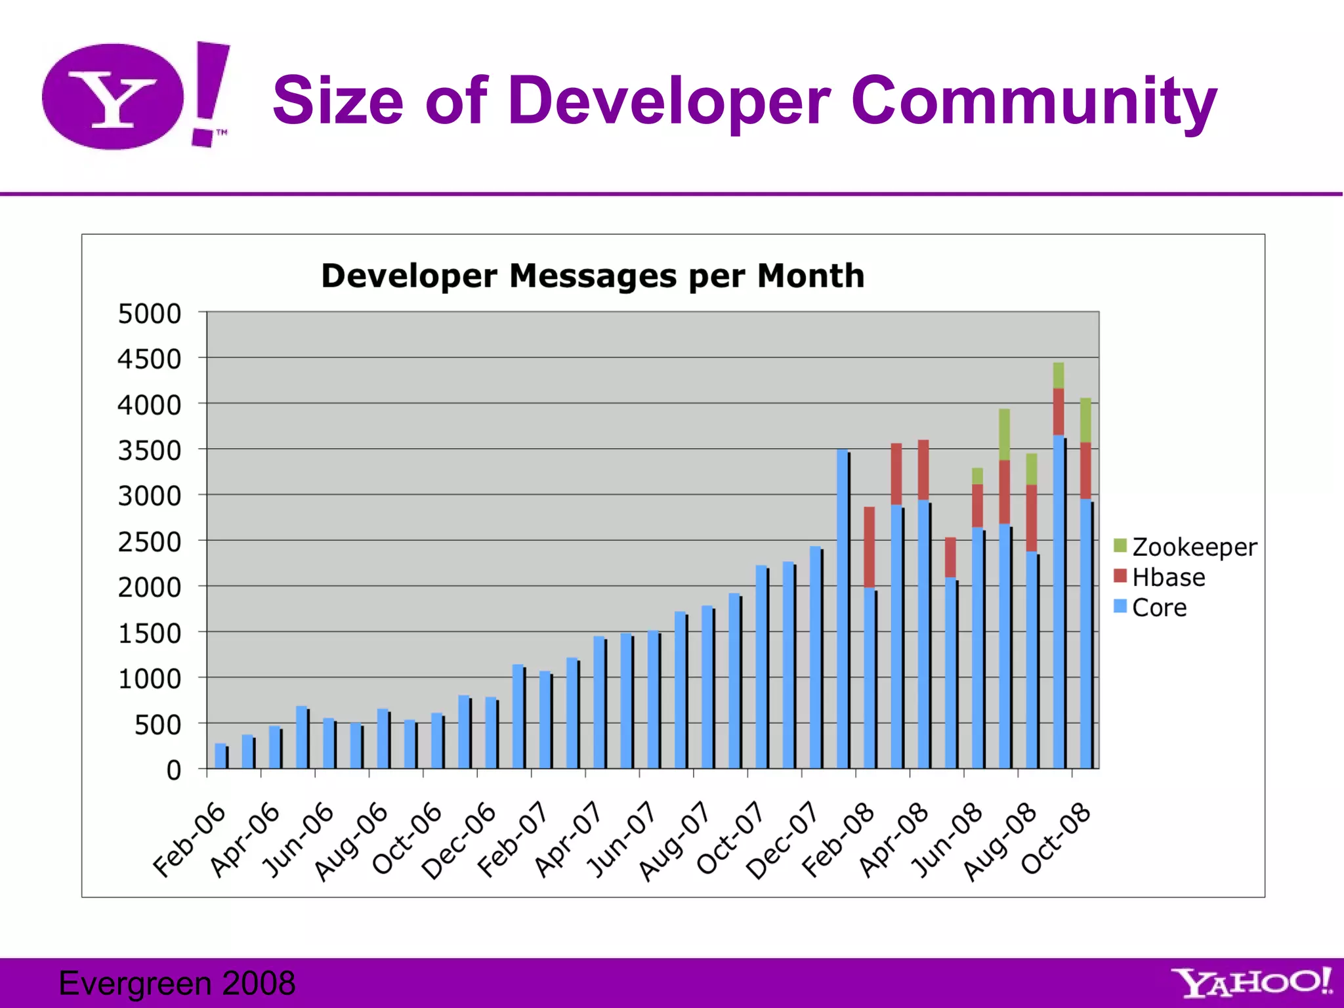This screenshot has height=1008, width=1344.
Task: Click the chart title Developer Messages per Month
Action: (x=593, y=276)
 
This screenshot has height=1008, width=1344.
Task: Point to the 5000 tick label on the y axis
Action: (x=149, y=314)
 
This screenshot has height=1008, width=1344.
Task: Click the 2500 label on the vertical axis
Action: (x=149, y=542)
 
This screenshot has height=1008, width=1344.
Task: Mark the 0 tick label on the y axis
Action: (x=173, y=770)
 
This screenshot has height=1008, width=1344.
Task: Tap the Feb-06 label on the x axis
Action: (x=189, y=839)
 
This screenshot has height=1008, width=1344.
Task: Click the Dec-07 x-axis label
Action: (x=782, y=841)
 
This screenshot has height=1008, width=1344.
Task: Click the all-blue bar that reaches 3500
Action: (x=842, y=608)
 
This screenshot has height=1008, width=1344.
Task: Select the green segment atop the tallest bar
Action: (x=1058, y=375)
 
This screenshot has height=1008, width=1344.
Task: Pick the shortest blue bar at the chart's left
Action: (x=220, y=755)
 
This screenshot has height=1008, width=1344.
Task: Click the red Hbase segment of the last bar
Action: (x=1085, y=471)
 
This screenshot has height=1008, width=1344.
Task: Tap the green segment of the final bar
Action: (x=1085, y=420)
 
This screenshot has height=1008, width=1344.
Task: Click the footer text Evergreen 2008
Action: (x=177, y=983)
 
